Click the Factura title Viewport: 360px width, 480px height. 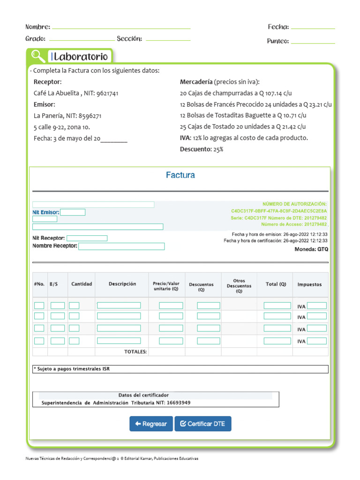click(180, 175)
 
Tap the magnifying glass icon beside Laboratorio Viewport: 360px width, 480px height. click(37, 56)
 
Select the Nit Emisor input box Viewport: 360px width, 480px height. click(73, 212)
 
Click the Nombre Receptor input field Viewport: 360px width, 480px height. click(121, 246)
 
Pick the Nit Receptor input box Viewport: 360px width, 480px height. click(87, 238)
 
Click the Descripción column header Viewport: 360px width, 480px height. click(122, 284)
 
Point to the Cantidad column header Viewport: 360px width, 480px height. click(82, 284)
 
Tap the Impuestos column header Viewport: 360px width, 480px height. click(309, 285)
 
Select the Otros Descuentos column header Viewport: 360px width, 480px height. click(239, 285)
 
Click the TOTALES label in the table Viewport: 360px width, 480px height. click(135, 351)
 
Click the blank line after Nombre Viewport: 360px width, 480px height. click(121, 28)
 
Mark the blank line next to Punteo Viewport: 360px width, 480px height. click(313, 43)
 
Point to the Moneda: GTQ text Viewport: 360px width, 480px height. click(311, 249)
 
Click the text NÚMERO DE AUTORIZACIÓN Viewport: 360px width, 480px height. click(294, 204)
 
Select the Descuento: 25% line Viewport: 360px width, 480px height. click(202, 150)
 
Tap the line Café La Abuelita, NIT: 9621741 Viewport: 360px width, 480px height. click(76, 93)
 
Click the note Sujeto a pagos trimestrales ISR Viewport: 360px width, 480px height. click(72, 369)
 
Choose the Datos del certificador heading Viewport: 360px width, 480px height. click(143, 395)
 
